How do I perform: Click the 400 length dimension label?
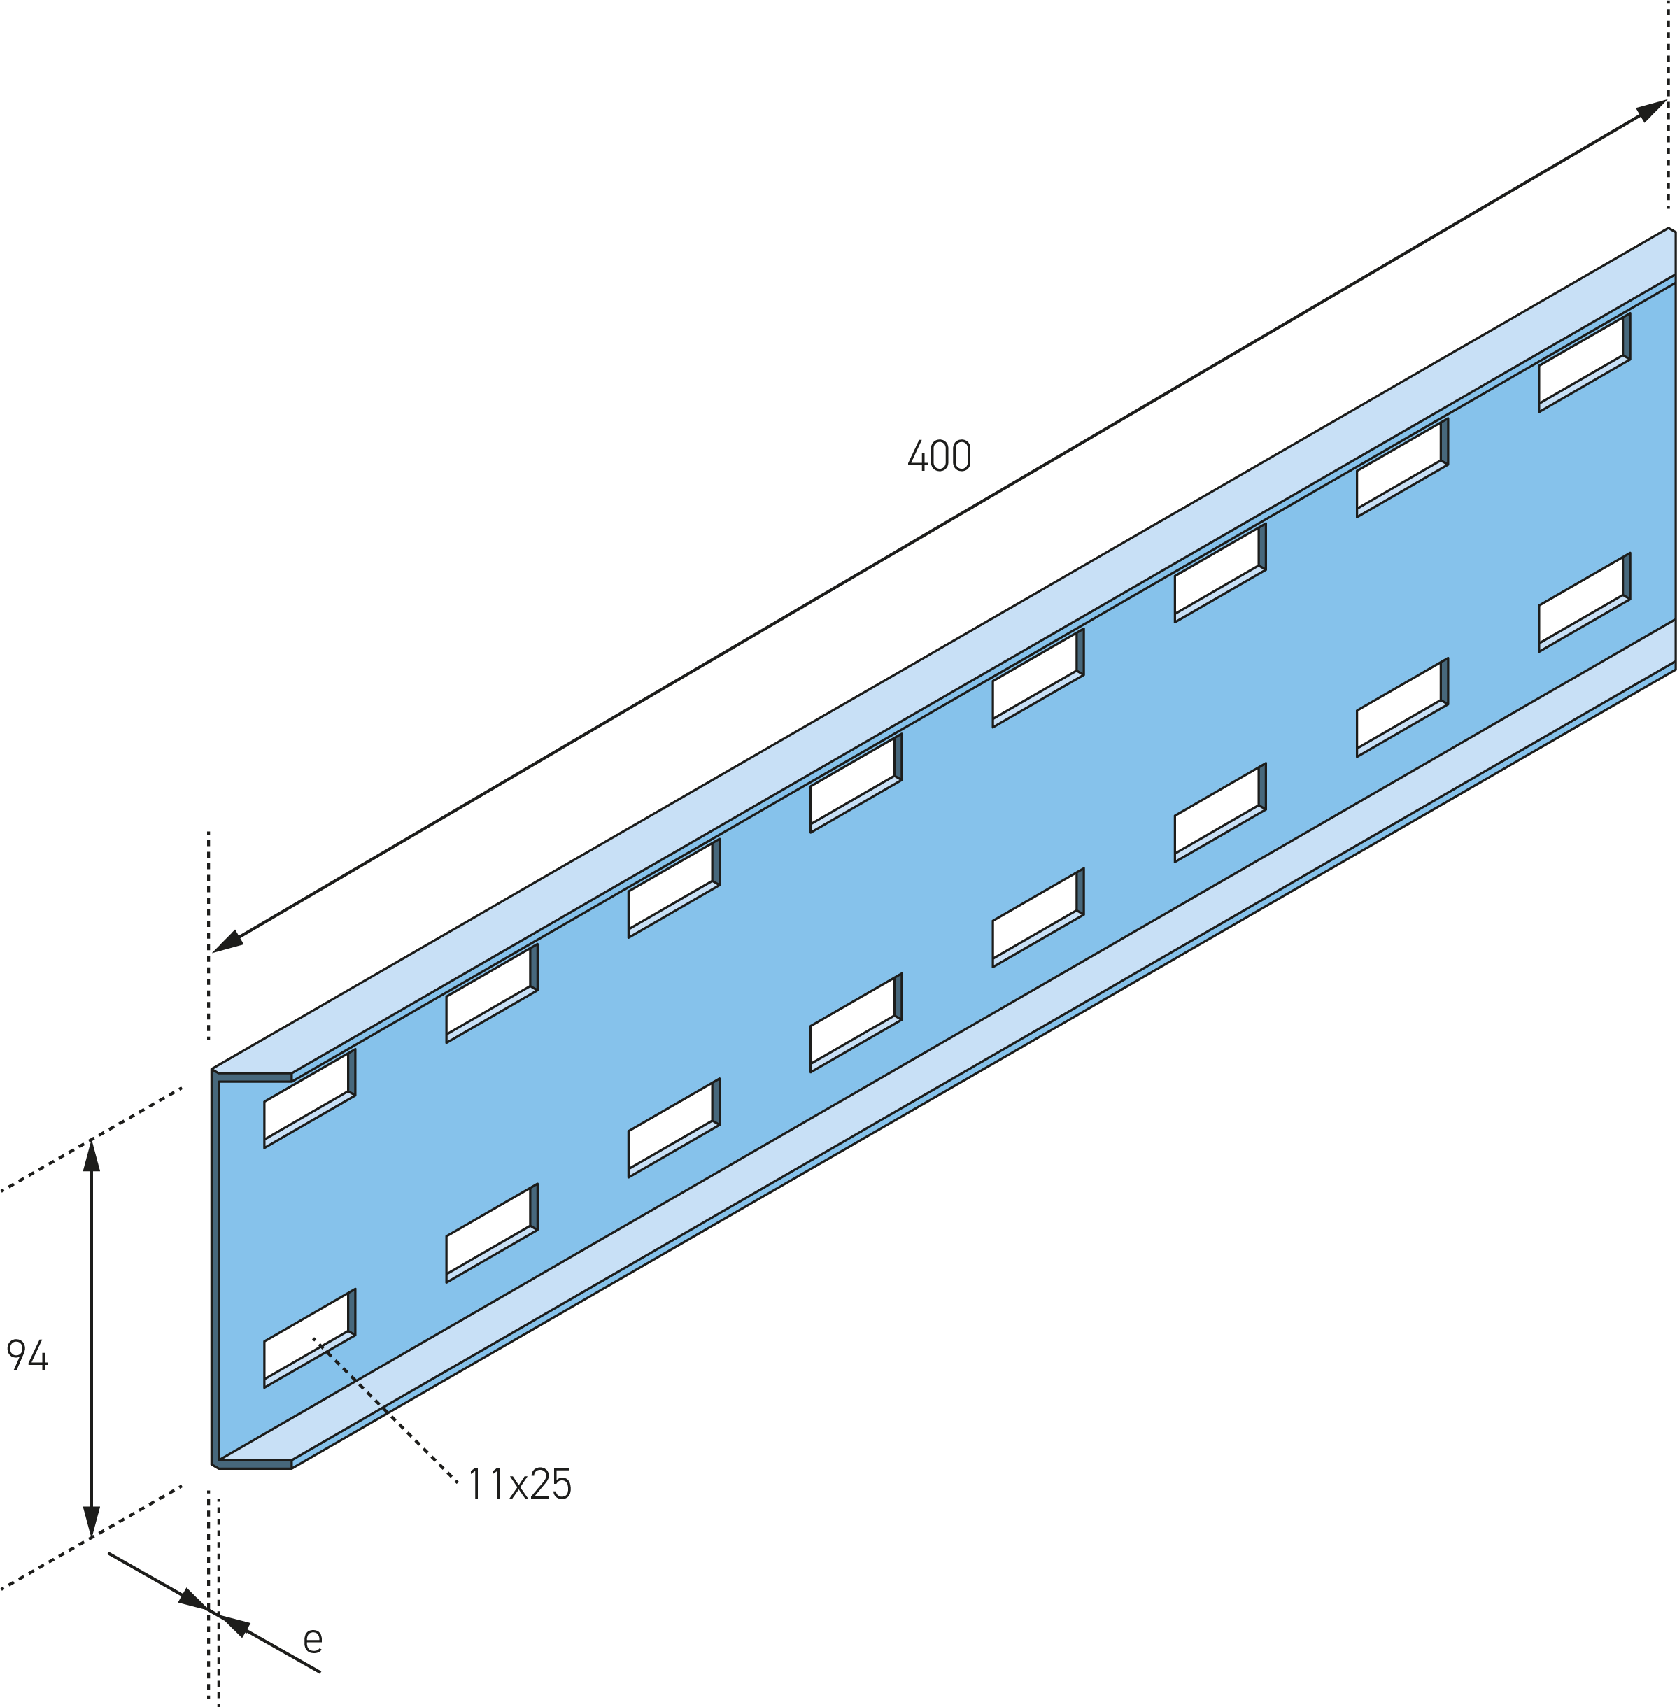pos(939,455)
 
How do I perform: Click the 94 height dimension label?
pos(27,1354)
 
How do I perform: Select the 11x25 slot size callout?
pos(520,1484)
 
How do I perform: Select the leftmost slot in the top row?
pos(309,1098)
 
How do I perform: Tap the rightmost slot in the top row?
pos(1585,362)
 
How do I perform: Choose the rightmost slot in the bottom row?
pos(1585,602)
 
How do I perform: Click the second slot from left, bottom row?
pos(491,1233)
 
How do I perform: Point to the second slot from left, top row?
pos(491,993)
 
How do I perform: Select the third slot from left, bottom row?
pos(674,1128)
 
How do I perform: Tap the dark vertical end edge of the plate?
pos(215,1269)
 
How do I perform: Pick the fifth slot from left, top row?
pos(1038,677)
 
